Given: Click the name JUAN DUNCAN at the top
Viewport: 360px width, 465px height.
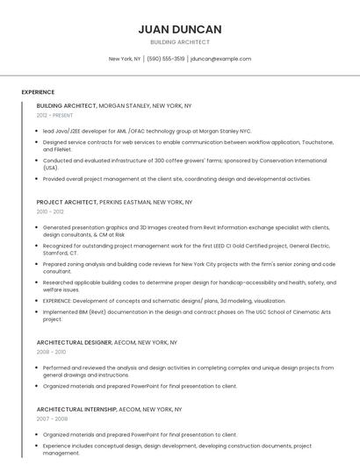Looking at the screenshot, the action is [x=180, y=29].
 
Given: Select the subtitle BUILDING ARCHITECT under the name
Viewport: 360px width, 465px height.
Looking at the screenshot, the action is [x=180, y=42].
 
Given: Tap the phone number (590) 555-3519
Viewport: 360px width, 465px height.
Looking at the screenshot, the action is [x=166, y=59].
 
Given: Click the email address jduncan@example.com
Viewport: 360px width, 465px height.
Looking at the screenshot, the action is [x=221, y=59].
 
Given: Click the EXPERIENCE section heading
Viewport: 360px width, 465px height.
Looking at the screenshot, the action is [x=38, y=92].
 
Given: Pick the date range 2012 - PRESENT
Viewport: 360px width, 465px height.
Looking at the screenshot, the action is [x=54, y=115].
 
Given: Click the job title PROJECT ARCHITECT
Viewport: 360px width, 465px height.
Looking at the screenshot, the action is [x=67, y=202].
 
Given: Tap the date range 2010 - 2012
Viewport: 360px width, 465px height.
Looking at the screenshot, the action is [x=50, y=211].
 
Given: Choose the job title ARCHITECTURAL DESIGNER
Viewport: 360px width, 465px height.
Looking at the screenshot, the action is [x=74, y=342].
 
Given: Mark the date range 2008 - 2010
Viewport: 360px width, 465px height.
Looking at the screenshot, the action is [x=50, y=352].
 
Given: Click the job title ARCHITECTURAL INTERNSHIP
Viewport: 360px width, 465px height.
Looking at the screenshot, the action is [x=76, y=409].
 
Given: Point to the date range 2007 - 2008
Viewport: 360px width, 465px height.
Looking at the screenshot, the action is [x=50, y=418].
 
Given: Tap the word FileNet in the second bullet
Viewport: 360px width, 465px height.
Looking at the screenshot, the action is [x=51, y=150].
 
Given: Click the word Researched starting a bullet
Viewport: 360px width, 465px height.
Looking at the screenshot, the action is [x=58, y=283].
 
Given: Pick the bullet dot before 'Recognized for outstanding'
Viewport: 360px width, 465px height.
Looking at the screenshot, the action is [x=38, y=246].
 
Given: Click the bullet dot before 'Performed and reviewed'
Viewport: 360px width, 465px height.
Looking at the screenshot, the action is [x=38, y=368].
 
